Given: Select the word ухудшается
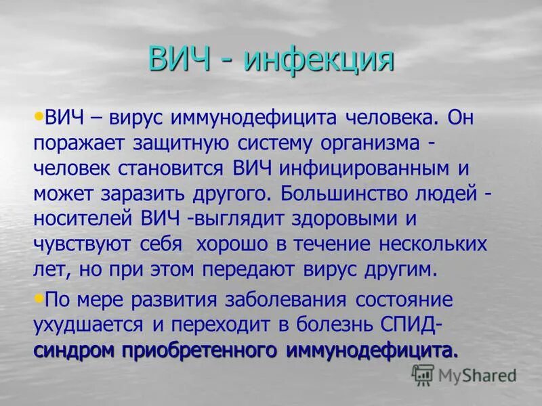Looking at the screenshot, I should pyautogui.click(x=87, y=325).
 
